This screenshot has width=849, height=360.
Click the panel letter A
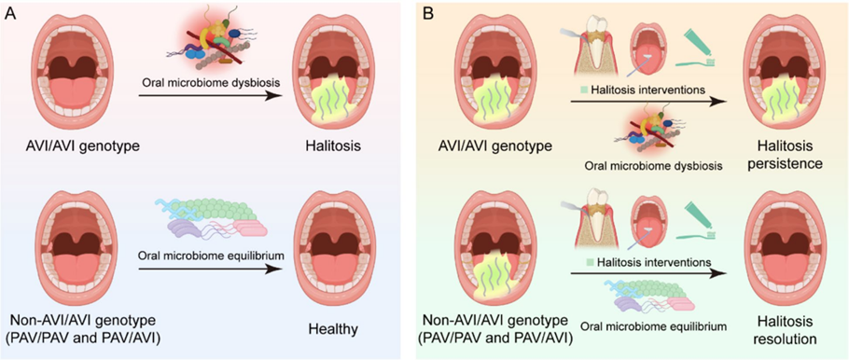click(x=12, y=13)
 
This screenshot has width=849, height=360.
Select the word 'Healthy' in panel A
click(x=332, y=329)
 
